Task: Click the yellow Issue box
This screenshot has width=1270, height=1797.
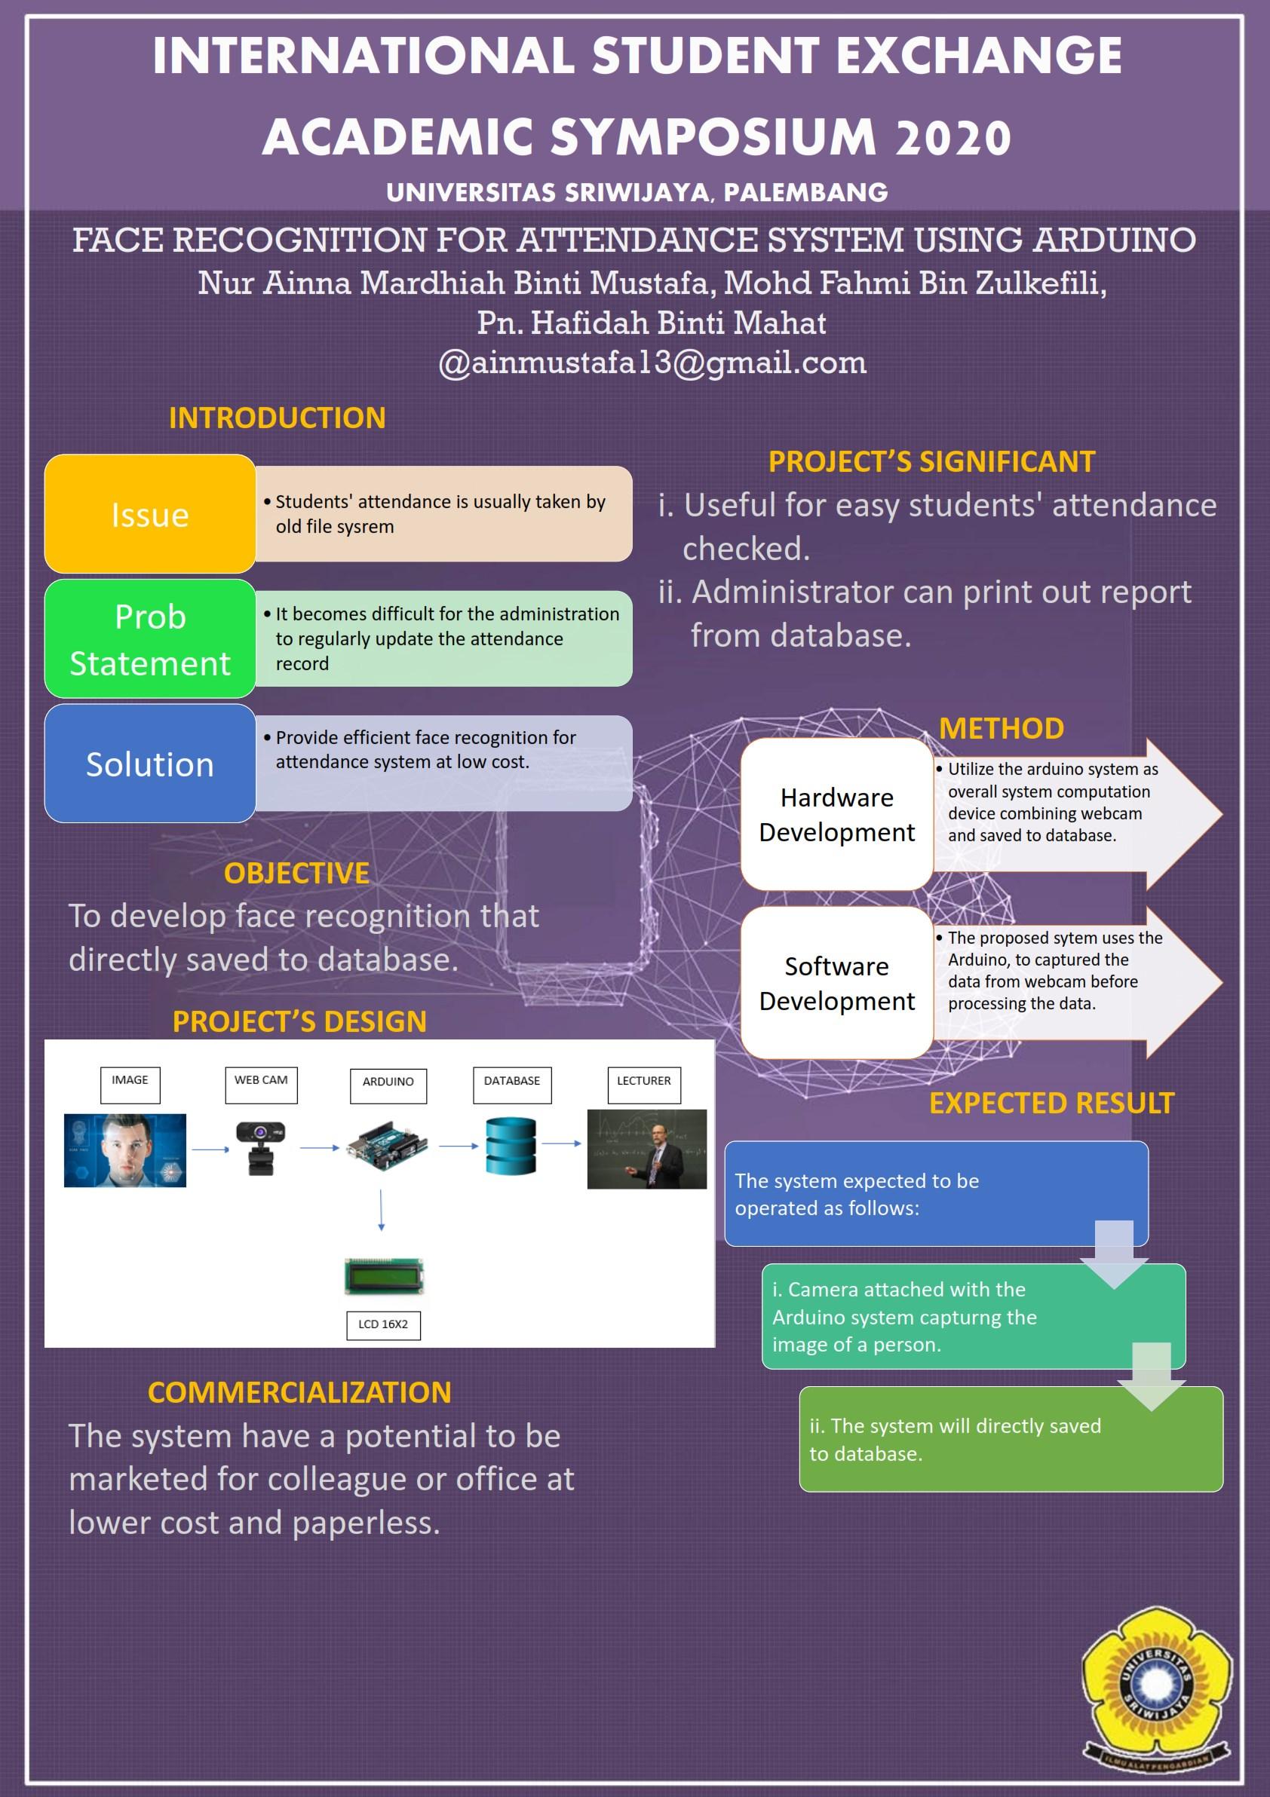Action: point(149,513)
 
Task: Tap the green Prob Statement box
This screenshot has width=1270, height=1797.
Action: point(149,638)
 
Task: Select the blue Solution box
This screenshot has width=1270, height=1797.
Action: point(149,763)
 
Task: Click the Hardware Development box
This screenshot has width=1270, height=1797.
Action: point(836,814)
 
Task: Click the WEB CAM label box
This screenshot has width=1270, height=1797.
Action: point(261,1084)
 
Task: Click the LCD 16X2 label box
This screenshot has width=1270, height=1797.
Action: point(383,1325)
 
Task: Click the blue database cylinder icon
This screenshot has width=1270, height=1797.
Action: point(511,1145)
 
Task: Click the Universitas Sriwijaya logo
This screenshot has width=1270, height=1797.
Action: point(1155,1688)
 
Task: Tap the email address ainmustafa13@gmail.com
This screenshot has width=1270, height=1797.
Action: point(652,363)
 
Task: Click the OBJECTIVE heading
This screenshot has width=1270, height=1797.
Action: point(296,873)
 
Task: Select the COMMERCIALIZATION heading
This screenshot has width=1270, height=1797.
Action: point(299,1392)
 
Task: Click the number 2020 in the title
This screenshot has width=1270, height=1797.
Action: point(953,138)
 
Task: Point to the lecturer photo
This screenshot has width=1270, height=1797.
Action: point(647,1148)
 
